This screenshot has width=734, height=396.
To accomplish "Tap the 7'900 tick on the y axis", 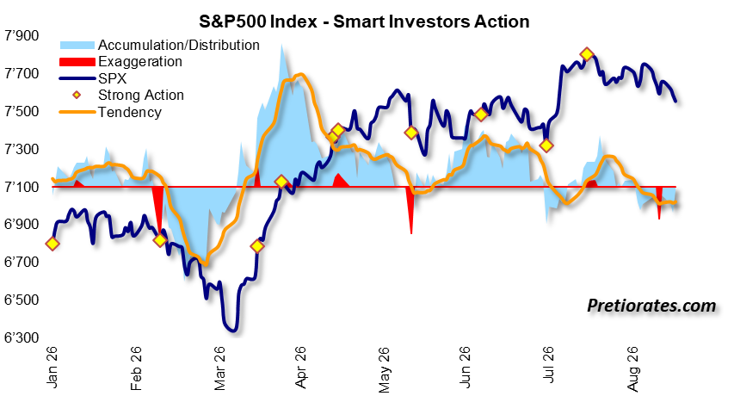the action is coord(22,35).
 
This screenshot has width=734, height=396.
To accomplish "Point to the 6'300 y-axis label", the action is coord(22,337).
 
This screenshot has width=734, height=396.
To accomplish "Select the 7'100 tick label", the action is coord(22,187).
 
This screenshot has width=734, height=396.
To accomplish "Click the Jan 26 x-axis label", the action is coord(52,367).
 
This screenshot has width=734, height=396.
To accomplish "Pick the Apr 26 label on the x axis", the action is coord(300,367).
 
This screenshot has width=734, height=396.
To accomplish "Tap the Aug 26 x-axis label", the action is coord(632,368).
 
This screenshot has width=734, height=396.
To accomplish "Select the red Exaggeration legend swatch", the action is coord(77,61).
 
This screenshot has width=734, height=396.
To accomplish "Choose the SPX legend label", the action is coord(113,78).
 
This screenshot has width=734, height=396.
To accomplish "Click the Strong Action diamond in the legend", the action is coord(77,95).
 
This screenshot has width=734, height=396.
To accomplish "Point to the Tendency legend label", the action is coord(130,112).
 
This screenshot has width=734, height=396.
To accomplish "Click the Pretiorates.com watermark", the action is coord(651,306).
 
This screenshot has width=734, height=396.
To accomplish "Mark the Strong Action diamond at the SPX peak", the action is coord(587,54).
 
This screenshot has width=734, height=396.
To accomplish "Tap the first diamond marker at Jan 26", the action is coord(52,244).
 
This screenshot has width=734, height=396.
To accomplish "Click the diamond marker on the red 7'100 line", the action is coord(281,182).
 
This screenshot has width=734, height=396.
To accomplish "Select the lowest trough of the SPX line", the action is coord(232,331).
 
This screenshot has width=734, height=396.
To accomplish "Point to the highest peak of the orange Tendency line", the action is coord(300,74).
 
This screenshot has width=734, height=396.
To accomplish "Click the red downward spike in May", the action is coord(410,210).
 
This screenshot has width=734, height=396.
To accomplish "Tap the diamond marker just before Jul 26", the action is coord(546,145).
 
